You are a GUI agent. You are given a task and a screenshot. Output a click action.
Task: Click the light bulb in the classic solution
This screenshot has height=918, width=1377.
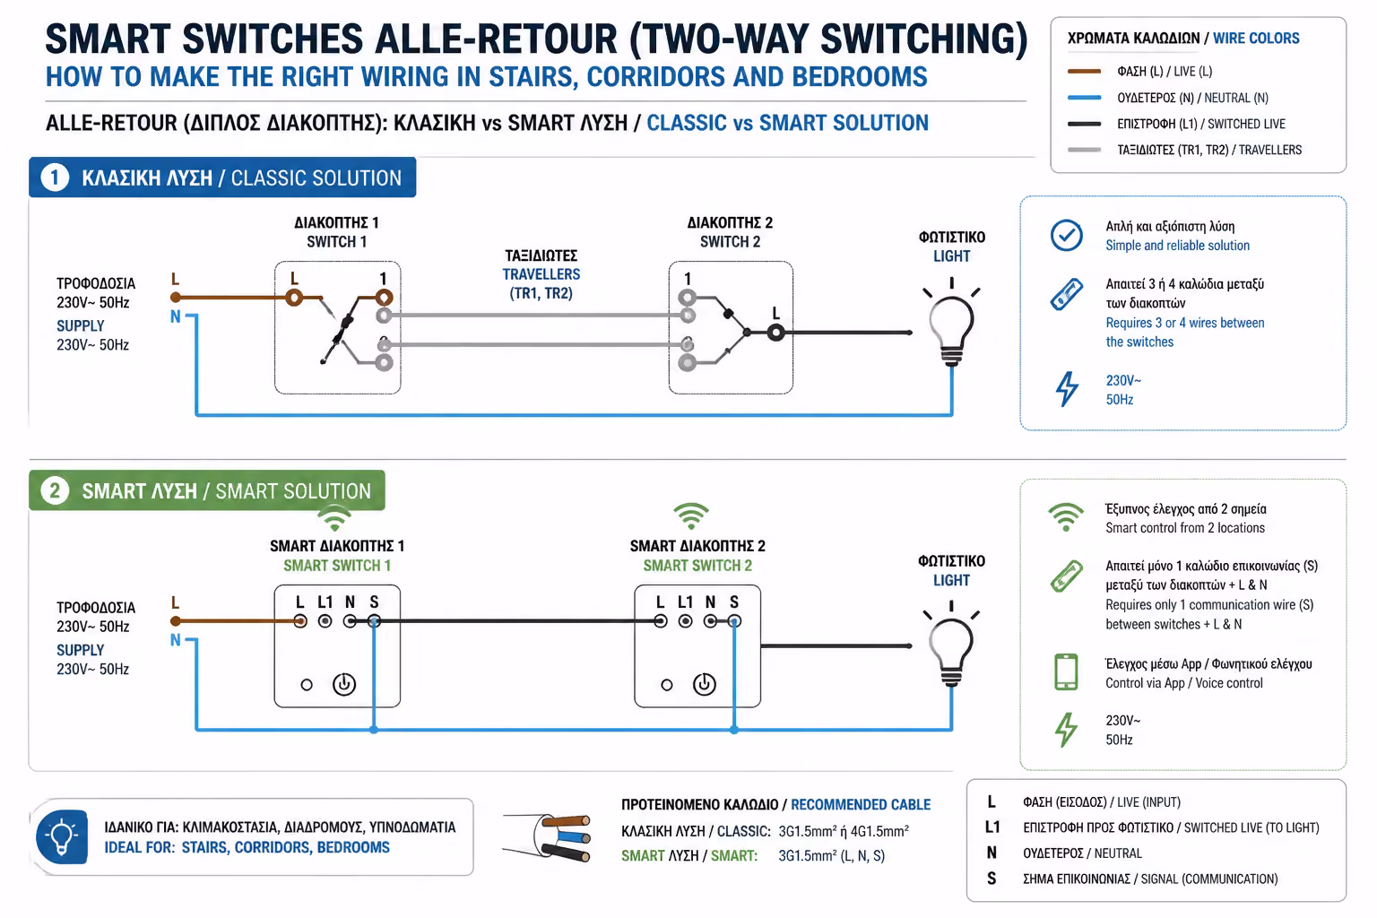[951, 326]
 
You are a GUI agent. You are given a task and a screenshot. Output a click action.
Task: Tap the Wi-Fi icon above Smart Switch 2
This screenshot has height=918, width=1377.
[691, 516]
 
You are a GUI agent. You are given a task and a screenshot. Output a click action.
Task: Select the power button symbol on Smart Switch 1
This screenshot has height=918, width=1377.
[344, 684]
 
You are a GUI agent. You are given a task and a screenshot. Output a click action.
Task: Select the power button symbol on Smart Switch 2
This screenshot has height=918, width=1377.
[705, 684]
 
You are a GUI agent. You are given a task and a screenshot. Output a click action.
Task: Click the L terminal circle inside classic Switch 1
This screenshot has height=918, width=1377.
[294, 299]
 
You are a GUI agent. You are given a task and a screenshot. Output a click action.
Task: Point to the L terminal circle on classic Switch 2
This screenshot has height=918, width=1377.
[775, 333]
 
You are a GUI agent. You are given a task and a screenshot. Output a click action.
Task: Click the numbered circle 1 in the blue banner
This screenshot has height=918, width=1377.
[55, 178]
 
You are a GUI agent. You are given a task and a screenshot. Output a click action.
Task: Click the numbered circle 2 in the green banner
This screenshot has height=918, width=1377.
[55, 491]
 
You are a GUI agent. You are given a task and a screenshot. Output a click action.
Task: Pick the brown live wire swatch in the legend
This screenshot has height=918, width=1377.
[1085, 72]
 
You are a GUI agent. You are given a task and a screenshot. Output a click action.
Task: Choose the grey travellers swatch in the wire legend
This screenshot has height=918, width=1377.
[1085, 150]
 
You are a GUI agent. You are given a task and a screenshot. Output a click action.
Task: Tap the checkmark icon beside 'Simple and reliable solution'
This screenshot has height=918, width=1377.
[1067, 235]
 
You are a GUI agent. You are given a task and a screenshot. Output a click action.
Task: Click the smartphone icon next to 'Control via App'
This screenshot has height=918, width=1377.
[1066, 672]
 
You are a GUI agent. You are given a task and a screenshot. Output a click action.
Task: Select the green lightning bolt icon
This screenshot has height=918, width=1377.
[1067, 730]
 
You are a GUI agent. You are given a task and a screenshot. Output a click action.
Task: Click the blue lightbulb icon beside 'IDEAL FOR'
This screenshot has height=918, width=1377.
[62, 836]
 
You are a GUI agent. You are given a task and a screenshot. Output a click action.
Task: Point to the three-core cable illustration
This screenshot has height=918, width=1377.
[547, 837]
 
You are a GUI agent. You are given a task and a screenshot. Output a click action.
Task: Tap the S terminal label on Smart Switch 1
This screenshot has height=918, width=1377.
[374, 602]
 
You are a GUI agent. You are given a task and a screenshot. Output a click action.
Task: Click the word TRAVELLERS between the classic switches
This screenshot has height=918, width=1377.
[541, 274]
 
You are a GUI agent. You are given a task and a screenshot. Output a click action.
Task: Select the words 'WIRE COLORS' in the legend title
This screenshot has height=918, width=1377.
[1256, 39]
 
